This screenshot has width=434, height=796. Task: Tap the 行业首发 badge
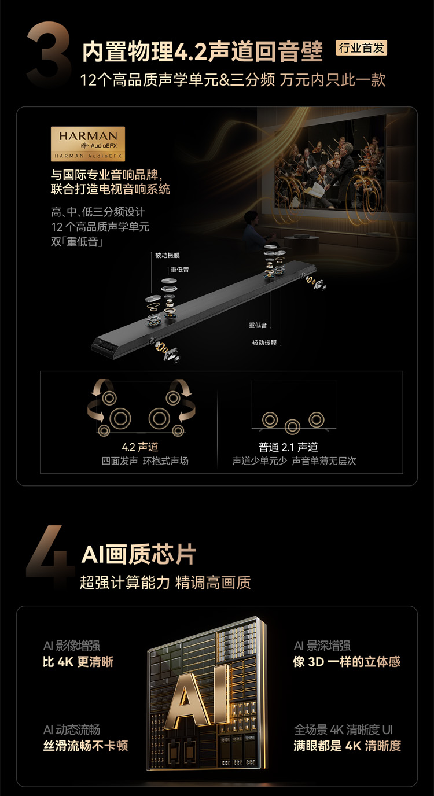coord(361,47)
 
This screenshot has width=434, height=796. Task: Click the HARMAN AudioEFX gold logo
coord(88,144)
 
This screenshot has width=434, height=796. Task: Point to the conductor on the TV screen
coord(340,167)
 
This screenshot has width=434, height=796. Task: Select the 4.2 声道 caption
coord(140,447)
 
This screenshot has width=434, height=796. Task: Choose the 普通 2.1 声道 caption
coord(288,447)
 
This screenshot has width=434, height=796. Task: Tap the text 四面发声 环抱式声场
coord(145,461)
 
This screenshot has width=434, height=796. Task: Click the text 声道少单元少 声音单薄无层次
coord(294,461)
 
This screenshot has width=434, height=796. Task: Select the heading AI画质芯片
coord(139,554)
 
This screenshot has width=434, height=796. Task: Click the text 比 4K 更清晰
coord(78,662)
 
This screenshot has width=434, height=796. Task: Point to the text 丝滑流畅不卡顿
coord(86,746)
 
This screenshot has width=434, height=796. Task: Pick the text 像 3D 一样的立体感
coord(347,661)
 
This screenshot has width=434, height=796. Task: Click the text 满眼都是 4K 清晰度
coord(347,746)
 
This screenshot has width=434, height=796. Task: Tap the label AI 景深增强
coord(322,646)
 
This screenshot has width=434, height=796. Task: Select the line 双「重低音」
coord(77,242)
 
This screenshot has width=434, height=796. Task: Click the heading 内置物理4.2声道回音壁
coord(203,52)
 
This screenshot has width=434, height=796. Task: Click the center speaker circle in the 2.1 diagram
coord(293,426)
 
